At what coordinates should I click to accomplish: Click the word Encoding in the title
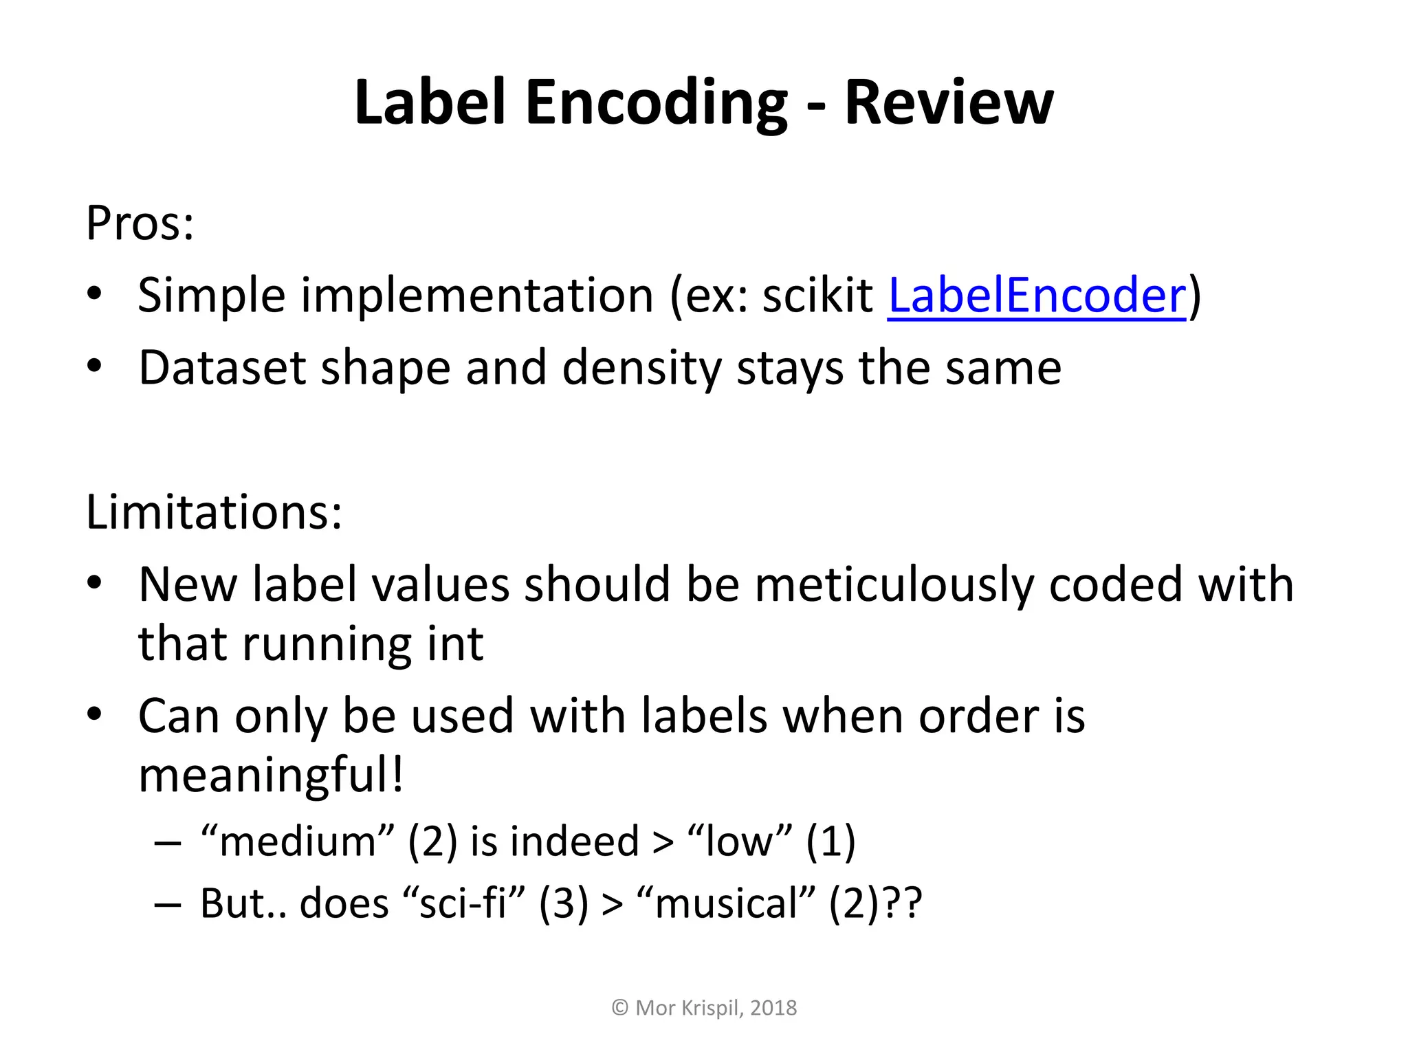656,103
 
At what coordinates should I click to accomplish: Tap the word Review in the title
949,103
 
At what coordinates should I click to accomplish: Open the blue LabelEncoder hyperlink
1037,295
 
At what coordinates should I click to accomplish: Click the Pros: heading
140,223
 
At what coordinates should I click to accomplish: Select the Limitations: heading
214,512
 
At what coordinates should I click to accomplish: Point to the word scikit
817,295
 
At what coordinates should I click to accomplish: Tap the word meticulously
894,584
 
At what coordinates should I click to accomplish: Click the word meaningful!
271,774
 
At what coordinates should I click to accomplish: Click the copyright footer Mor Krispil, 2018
704,1008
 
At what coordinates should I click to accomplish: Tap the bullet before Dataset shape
95,366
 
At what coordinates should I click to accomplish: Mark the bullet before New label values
95,584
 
